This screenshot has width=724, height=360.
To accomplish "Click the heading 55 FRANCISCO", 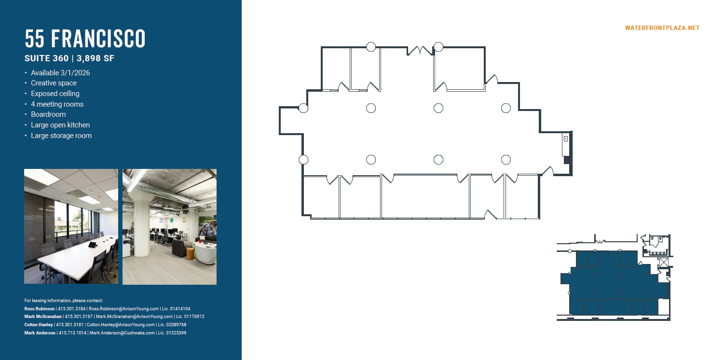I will point(85,39).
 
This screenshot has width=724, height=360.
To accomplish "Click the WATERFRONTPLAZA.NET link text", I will point(662,28).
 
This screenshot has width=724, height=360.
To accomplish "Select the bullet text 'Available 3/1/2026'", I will point(60,73).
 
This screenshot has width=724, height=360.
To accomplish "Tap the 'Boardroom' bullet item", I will point(48,114).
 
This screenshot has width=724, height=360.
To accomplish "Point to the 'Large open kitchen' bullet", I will point(60,125).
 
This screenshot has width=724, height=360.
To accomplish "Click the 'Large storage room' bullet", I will point(61,136).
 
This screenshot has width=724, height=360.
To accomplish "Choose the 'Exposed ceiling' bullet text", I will point(55,94).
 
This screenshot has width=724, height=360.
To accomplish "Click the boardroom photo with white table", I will point(71,226).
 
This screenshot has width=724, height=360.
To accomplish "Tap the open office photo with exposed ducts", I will point(169,226).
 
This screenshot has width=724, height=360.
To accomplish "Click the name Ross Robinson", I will point(40,309).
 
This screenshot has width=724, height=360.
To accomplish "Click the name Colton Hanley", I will point(38,325).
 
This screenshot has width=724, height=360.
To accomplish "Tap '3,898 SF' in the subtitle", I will point(96,59).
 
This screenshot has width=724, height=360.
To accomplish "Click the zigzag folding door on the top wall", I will point(421,50).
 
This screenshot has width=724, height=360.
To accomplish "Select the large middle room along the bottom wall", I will point(425,197).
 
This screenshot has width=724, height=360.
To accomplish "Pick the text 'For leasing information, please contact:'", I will point(64,301).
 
